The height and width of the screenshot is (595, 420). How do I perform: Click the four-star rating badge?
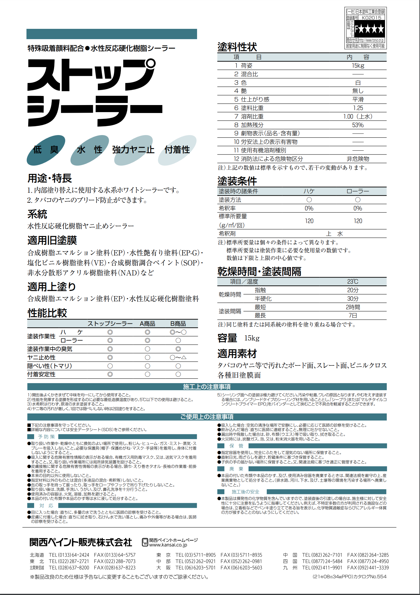tap(369, 29)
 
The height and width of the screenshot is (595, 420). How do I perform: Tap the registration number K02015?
tap(371, 18)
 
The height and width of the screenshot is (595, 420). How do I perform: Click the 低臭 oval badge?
tap(46, 150)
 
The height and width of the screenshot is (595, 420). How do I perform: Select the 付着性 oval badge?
tap(177, 150)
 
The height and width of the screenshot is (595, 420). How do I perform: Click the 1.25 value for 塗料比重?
tap(358, 108)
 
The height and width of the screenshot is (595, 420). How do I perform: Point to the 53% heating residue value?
tap(358, 125)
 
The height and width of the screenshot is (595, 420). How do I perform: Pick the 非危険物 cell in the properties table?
tap(358, 159)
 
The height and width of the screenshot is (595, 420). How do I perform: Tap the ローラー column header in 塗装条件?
tap(358, 191)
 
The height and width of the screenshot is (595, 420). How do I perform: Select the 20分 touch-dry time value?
tap(353, 290)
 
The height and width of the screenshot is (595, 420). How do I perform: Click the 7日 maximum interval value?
tap(353, 315)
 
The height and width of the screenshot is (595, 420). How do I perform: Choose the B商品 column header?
tap(178, 324)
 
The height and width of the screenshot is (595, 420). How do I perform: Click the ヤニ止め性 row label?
tap(41, 358)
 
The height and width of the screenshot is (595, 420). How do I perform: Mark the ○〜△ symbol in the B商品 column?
tap(178, 358)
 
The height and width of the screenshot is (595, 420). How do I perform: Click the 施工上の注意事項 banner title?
tap(207, 387)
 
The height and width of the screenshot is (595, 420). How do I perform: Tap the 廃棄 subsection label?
tap(236, 469)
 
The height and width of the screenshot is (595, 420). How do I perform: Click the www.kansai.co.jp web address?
tap(168, 545)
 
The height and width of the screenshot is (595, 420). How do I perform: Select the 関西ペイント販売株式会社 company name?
tap(81, 542)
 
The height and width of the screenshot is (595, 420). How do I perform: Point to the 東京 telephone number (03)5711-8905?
tap(196, 555)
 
